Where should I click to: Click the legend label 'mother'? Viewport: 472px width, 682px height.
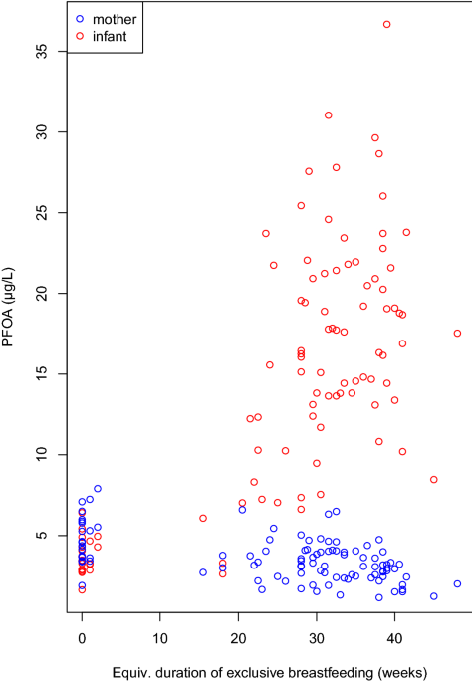coord(115,20)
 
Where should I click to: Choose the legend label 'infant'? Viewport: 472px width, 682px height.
coord(110,37)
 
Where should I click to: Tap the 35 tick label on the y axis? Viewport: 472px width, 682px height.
coord(42,52)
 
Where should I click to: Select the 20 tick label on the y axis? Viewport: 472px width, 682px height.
coord(42,293)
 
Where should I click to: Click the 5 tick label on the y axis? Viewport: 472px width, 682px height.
coord(42,535)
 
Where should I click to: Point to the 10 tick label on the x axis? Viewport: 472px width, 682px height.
coord(160,638)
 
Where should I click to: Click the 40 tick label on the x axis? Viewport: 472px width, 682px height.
coord(394,638)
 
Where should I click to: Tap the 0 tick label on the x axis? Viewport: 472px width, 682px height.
coord(82,638)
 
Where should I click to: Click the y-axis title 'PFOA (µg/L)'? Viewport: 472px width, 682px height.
coord(8,307)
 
